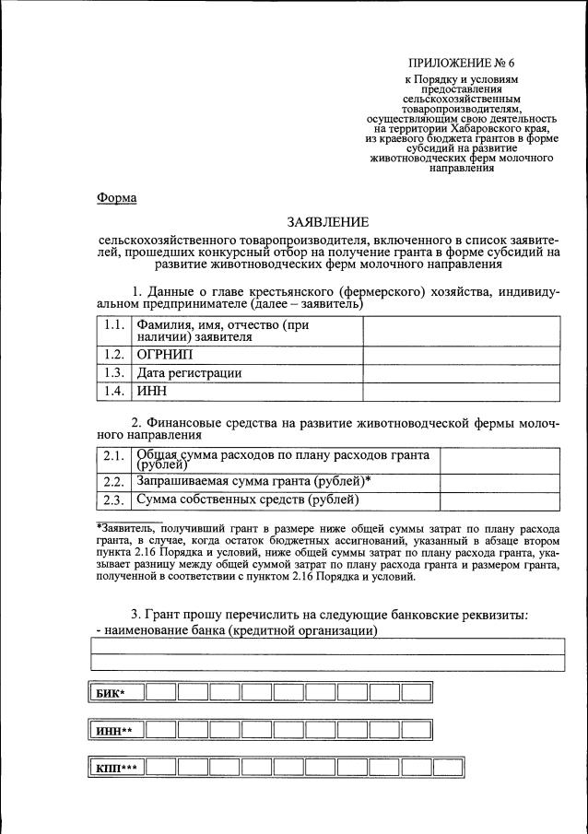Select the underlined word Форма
coord(115,198)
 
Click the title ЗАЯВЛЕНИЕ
coord(327,222)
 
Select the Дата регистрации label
coord(189,373)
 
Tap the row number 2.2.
coord(114,481)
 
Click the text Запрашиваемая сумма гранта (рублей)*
coord(253,481)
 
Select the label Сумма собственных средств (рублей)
coord(247,500)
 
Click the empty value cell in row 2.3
coord(499,500)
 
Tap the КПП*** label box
coord(117,768)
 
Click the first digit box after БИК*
coord(160,693)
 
